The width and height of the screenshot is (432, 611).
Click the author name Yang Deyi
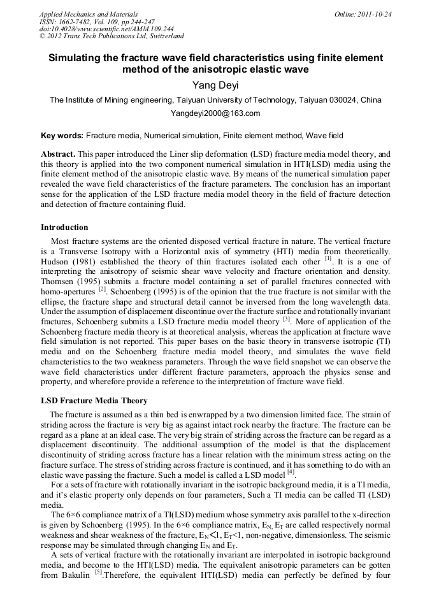click(x=215, y=85)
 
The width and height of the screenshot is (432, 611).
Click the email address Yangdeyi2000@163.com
click(x=215, y=113)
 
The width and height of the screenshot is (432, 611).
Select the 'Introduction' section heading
click(x=64, y=227)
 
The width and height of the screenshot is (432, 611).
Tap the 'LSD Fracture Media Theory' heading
click(x=94, y=401)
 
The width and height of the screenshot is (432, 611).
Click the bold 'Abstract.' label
click(x=58, y=154)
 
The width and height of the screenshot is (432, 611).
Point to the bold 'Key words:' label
click(x=62, y=136)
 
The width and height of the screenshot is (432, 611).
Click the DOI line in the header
click(x=106, y=29)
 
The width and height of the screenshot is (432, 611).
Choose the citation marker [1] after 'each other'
click(x=328, y=258)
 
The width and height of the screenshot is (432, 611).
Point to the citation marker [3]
click(x=287, y=319)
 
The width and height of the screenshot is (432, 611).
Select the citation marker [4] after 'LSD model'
click(x=291, y=472)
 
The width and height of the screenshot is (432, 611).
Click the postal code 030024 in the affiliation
click(x=337, y=100)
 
